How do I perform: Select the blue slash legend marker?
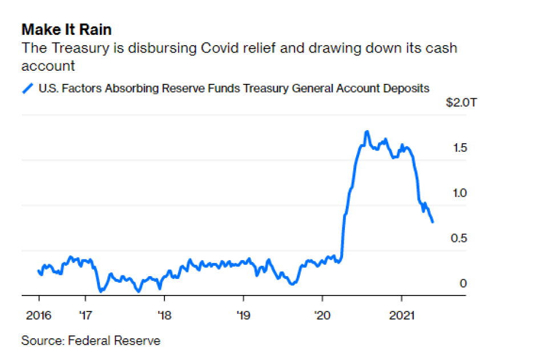click(x=27, y=88)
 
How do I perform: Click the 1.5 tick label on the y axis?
click(x=459, y=148)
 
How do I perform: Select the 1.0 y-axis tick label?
click(x=459, y=193)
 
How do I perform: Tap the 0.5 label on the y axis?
click(x=459, y=238)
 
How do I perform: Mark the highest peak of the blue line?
click(x=366, y=132)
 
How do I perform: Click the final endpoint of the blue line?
click(x=432, y=221)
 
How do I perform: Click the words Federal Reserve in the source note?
click(x=114, y=341)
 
